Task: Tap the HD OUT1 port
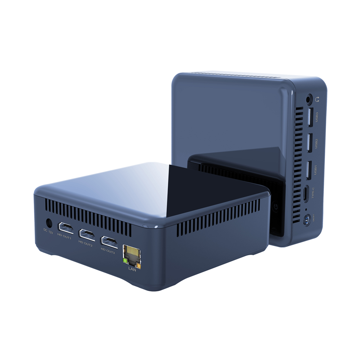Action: [66, 229]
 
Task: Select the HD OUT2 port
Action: [87, 234]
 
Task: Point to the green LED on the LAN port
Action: [125, 260]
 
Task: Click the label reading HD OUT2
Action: [85, 245]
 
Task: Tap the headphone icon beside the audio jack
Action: [317, 98]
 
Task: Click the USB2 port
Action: [309, 143]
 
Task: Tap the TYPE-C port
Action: [306, 194]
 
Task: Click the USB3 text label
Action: [317, 117]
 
